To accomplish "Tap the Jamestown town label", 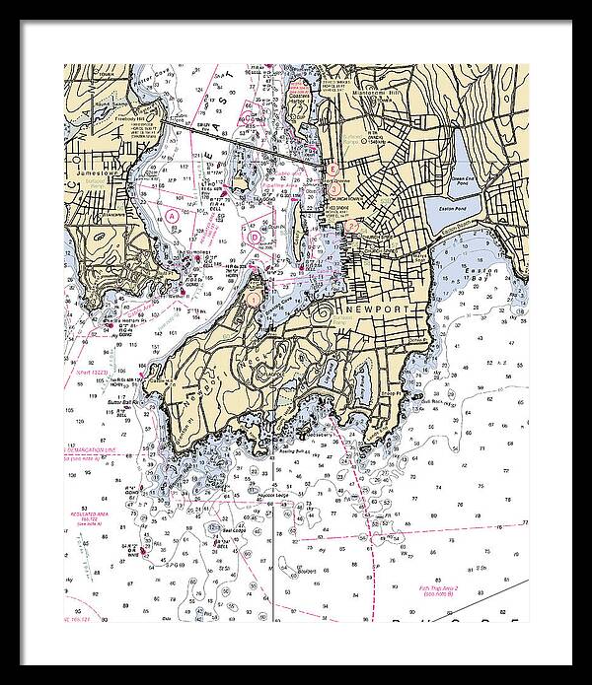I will click(x=95, y=171).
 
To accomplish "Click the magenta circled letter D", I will click(x=255, y=236).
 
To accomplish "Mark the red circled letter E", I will click(x=333, y=170).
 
